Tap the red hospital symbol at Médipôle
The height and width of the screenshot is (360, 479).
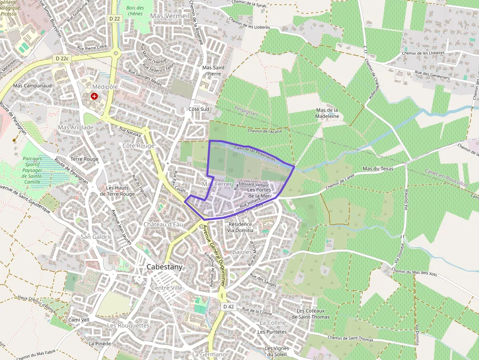coord(94,96)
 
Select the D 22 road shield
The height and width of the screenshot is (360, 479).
coord(114,19)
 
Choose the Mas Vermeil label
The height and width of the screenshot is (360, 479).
coord(170,16)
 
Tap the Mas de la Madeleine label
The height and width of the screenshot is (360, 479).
coord(327,113)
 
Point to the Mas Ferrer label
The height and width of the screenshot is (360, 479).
coord(217,184)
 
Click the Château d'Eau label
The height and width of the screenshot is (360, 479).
coord(163,224)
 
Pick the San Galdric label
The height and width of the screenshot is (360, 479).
coord(96,236)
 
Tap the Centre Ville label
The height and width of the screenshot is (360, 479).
coord(167,288)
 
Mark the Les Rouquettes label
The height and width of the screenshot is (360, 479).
coord(128,325)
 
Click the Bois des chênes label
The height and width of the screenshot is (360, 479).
coord(135,11)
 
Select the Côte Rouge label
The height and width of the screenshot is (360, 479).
coord(138,146)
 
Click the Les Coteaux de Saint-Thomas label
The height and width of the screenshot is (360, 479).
coord(313,314)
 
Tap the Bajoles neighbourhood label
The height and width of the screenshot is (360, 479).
coord(242,252)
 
